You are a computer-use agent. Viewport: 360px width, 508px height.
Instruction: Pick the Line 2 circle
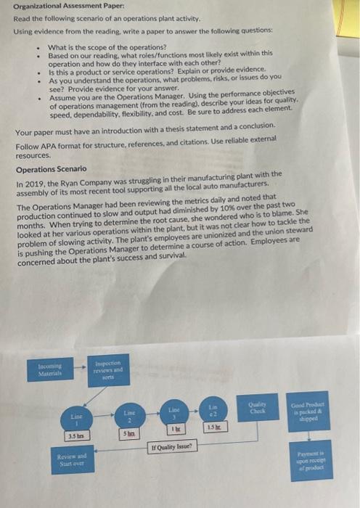point(127,415)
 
